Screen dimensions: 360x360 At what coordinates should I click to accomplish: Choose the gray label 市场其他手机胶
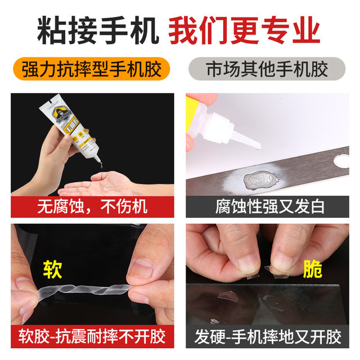(267, 70)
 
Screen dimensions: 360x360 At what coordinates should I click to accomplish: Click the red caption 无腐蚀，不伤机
(92, 206)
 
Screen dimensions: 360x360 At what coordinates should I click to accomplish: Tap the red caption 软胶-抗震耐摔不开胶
(92, 337)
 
